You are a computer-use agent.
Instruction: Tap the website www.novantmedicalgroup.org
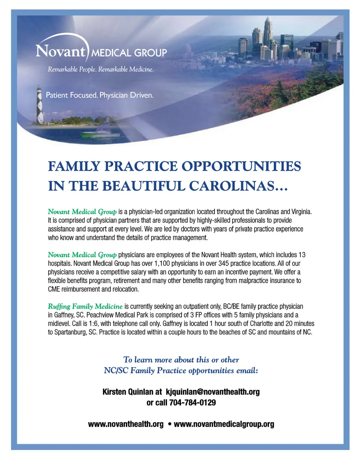pos(224,424)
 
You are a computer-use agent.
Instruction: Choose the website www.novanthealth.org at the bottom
pos(126,424)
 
